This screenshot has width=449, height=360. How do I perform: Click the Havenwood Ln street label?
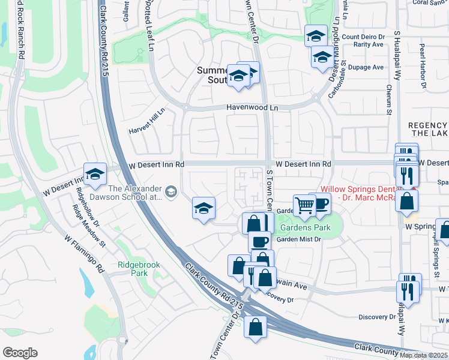252,107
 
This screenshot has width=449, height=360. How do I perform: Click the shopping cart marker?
305,205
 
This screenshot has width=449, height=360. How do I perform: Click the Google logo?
20,353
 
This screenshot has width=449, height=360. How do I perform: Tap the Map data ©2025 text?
423,355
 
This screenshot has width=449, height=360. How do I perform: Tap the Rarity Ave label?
369,44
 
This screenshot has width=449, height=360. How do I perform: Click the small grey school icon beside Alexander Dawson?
171,192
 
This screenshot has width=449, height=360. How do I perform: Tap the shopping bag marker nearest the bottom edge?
256,327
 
